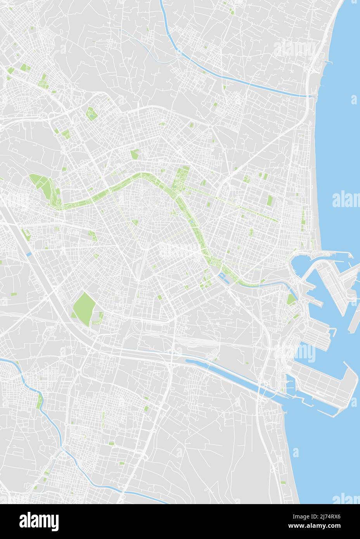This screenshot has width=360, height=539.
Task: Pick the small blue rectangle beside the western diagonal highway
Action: coord(29,254)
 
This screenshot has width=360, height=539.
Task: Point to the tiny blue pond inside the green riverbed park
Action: coord(192,222)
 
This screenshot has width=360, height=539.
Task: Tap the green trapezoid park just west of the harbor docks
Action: coord(291,299)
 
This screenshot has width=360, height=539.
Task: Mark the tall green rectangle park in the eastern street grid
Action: coord(270,200)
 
